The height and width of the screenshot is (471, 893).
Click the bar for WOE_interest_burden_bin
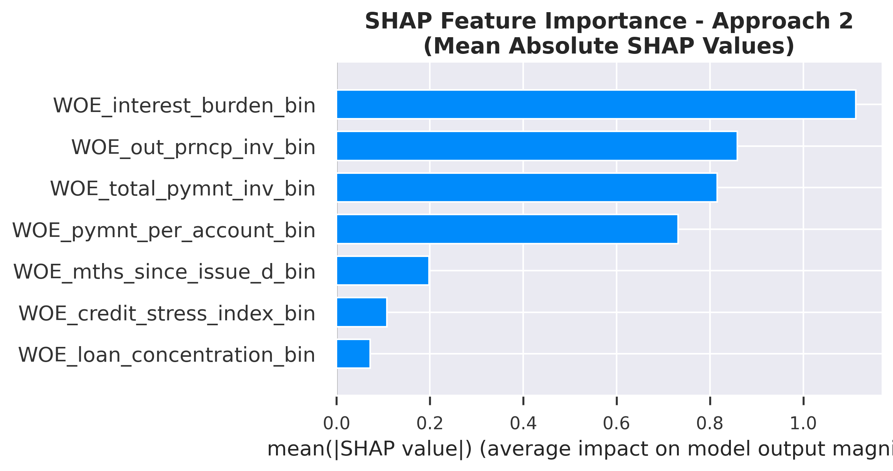pyautogui.click(x=596, y=104)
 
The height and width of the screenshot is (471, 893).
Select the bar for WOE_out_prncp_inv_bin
pyautogui.click(x=536, y=146)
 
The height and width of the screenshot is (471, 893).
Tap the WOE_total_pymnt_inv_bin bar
pyautogui.click(x=527, y=187)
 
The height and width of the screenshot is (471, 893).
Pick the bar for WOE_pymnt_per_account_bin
pyautogui.click(x=507, y=229)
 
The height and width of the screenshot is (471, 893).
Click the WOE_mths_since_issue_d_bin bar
pyautogui.click(x=382, y=271)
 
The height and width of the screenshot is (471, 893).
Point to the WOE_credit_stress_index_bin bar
pyautogui.click(x=361, y=312)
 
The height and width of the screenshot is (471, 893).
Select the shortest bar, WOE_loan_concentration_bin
pyautogui.click(x=353, y=354)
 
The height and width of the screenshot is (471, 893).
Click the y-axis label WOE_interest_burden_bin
pyautogui.click(x=184, y=106)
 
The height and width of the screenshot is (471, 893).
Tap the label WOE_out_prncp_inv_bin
pyautogui.click(x=193, y=147)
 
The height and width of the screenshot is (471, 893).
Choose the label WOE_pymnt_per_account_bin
pyautogui.click(x=164, y=230)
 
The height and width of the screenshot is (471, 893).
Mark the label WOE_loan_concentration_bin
pyautogui.click(x=167, y=355)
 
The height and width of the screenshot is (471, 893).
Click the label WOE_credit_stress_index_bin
pyautogui.click(x=167, y=313)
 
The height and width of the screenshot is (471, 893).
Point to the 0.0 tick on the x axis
pyautogui.click(x=336, y=424)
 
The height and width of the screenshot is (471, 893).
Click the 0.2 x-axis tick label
pyautogui.click(x=430, y=424)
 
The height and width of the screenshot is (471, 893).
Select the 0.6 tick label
pyautogui.click(x=616, y=424)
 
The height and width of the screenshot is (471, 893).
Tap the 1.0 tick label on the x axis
pyautogui.click(x=803, y=424)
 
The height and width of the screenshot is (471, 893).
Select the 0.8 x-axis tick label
pyautogui.click(x=710, y=424)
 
